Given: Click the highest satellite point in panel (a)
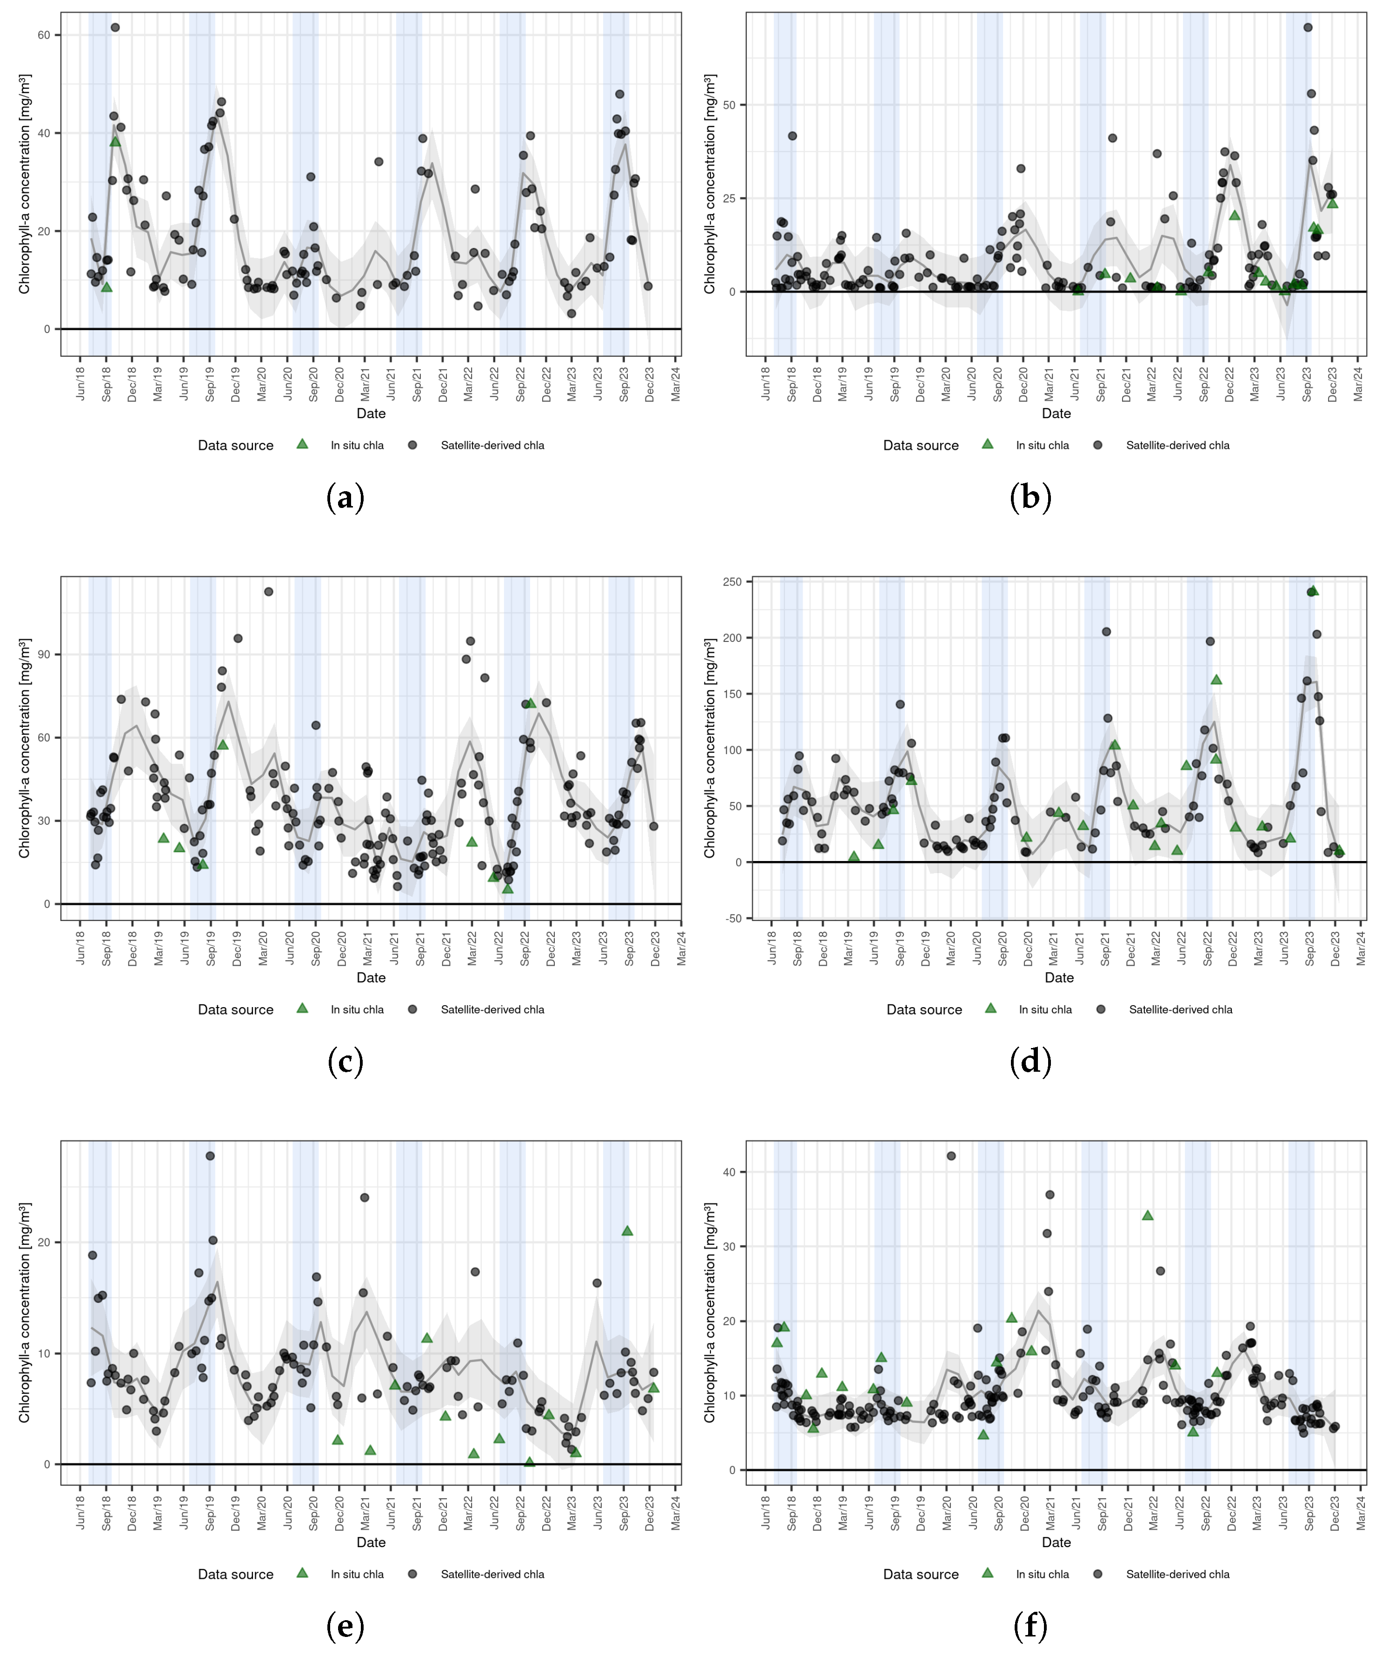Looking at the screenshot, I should (x=115, y=27).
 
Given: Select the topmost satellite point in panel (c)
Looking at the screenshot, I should (x=269, y=592).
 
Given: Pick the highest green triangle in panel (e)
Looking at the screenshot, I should (x=627, y=1230).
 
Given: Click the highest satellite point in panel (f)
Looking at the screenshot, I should (x=951, y=1156).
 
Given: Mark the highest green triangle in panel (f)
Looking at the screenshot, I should (x=1147, y=1215).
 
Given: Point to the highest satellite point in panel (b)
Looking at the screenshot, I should (x=1308, y=27).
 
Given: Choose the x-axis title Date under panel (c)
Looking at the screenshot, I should (x=372, y=978).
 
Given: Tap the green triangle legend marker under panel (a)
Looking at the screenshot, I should (x=302, y=444).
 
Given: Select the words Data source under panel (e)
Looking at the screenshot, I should (x=236, y=1574).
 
